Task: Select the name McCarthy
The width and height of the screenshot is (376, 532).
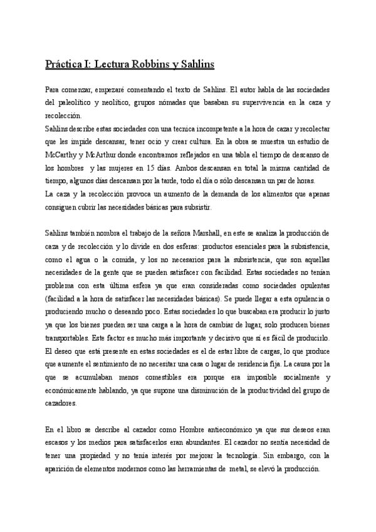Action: point(64,155)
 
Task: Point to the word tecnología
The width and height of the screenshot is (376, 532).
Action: point(232,457)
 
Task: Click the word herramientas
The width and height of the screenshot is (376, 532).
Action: point(197,470)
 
